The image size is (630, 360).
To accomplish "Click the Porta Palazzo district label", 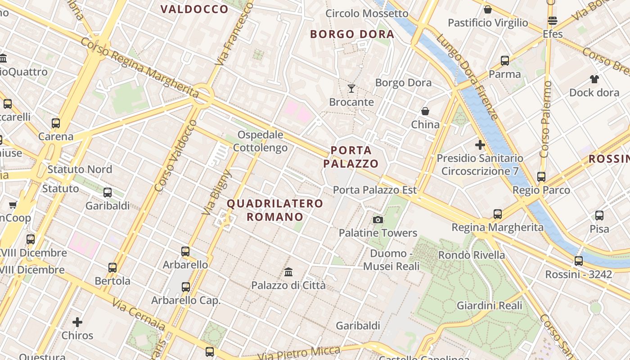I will click(x=351, y=157).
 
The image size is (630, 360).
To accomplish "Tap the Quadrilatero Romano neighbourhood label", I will click(x=275, y=210).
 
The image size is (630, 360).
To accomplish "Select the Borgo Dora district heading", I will click(x=352, y=34).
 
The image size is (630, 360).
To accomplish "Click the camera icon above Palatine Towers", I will click(x=378, y=220).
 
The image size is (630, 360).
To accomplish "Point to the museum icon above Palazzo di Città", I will click(x=288, y=272).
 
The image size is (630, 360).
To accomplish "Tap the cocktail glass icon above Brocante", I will click(x=351, y=88).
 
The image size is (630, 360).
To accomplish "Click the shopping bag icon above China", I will click(x=425, y=111).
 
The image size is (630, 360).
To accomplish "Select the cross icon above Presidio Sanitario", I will click(x=480, y=145).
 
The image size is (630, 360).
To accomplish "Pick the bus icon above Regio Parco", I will click(x=541, y=177).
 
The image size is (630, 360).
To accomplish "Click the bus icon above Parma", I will click(x=505, y=60).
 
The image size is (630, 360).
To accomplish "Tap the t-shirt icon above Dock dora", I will click(x=594, y=79).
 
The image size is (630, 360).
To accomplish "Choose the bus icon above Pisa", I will click(x=599, y=216).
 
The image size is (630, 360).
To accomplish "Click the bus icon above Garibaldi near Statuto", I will click(x=108, y=193).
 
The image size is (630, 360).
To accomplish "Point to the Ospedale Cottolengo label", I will click(x=261, y=141).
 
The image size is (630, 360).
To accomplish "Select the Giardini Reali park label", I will click(x=490, y=306).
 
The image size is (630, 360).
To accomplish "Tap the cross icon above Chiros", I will click(x=77, y=322).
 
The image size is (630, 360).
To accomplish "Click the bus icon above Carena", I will click(x=56, y=123).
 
